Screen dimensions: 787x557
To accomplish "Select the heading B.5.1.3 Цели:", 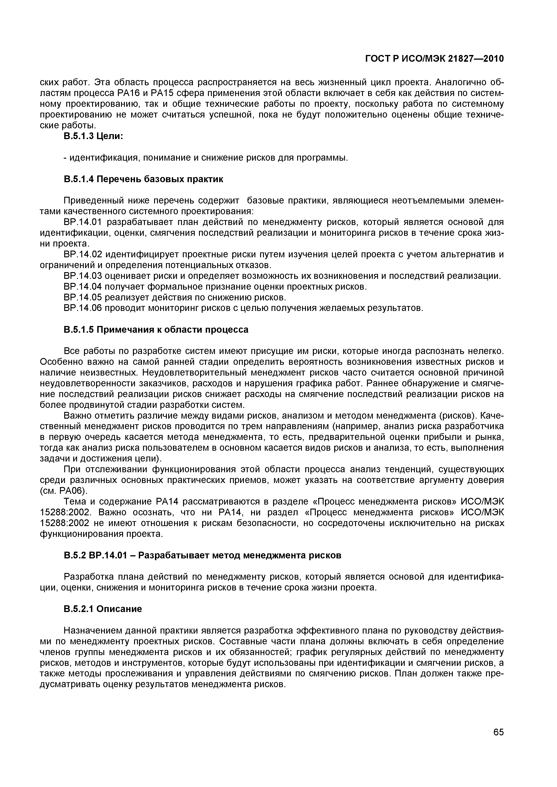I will click(x=93, y=136).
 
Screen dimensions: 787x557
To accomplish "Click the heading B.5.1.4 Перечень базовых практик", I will click(x=144, y=179).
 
